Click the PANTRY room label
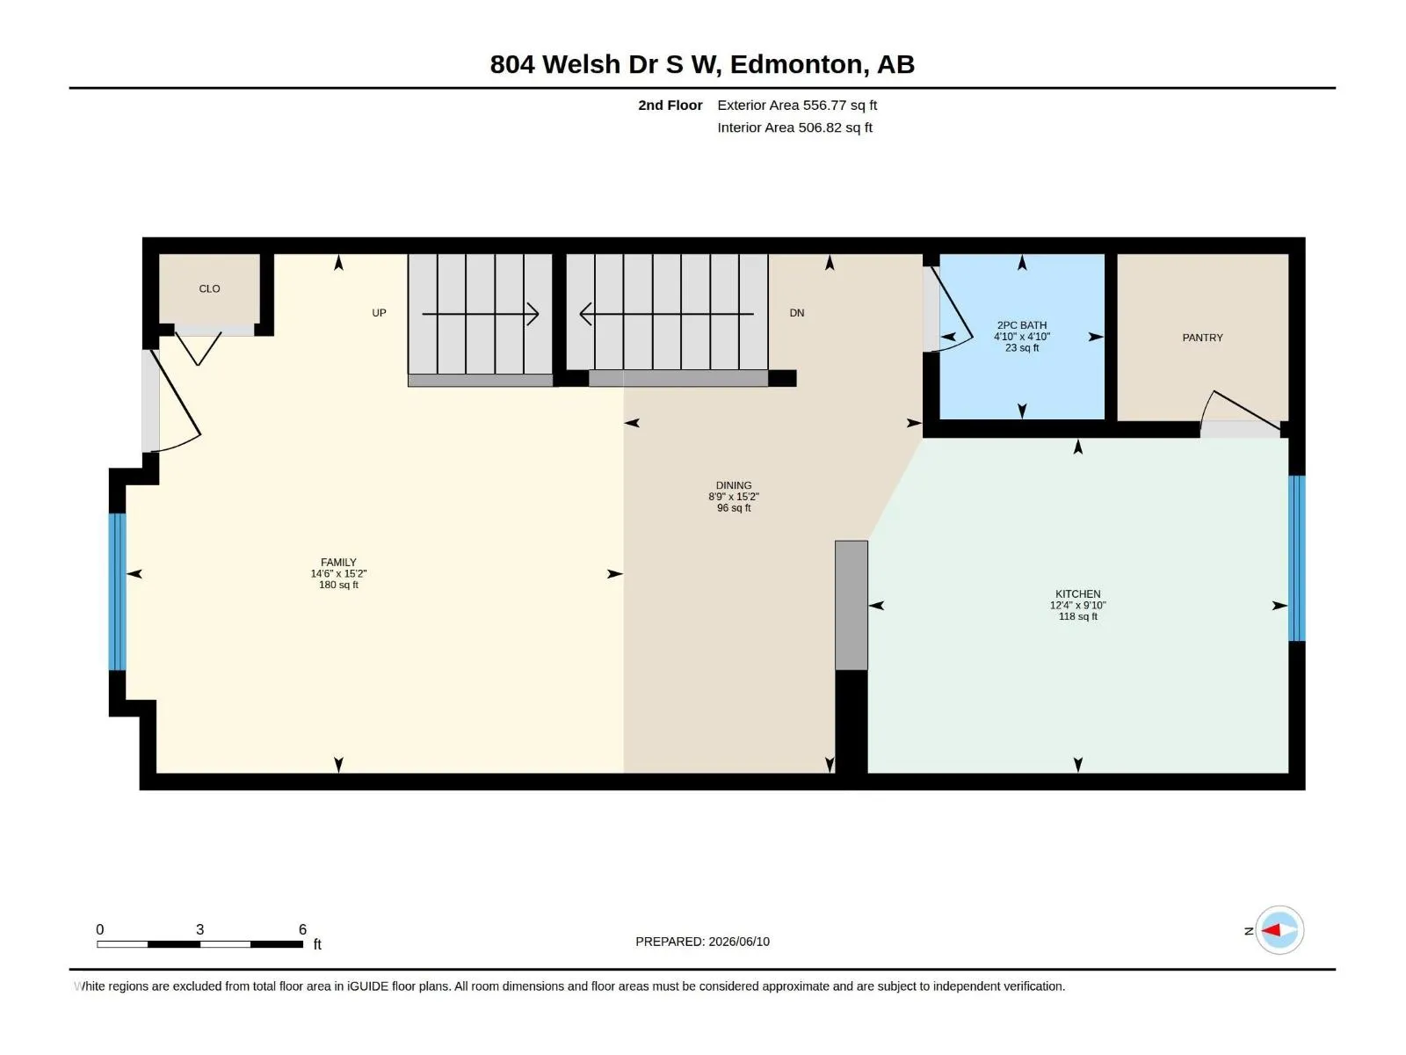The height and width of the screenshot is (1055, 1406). click(1202, 338)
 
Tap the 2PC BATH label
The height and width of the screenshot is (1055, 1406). click(1022, 325)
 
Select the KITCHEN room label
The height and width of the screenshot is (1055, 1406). click(1078, 593)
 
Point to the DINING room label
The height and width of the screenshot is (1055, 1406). click(734, 485)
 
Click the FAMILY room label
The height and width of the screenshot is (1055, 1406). click(338, 563)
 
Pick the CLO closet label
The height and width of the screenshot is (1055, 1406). click(209, 289)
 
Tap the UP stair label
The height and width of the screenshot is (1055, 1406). click(380, 313)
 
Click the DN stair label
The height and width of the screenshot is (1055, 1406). click(797, 313)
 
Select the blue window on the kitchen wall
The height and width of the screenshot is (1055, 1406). click(1296, 558)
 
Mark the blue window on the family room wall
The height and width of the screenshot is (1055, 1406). click(117, 592)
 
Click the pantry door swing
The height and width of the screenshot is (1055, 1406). click(1240, 411)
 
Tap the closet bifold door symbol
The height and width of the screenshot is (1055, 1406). click(199, 348)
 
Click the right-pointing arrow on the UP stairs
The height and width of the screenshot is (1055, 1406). click(481, 314)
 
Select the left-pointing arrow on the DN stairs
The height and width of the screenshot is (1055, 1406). click(666, 314)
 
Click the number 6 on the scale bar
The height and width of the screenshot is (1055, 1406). click(302, 928)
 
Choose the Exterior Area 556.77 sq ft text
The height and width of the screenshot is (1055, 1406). click(797, 105)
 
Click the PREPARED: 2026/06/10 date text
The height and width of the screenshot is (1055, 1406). click(703, 942)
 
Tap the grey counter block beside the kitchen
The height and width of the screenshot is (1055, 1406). click(852, 606)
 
